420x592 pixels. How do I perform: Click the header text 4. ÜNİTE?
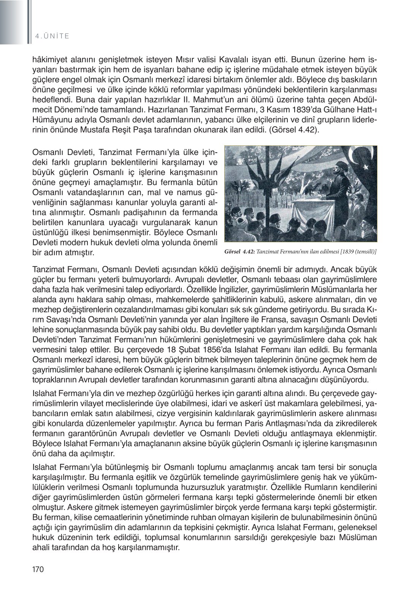52,36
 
